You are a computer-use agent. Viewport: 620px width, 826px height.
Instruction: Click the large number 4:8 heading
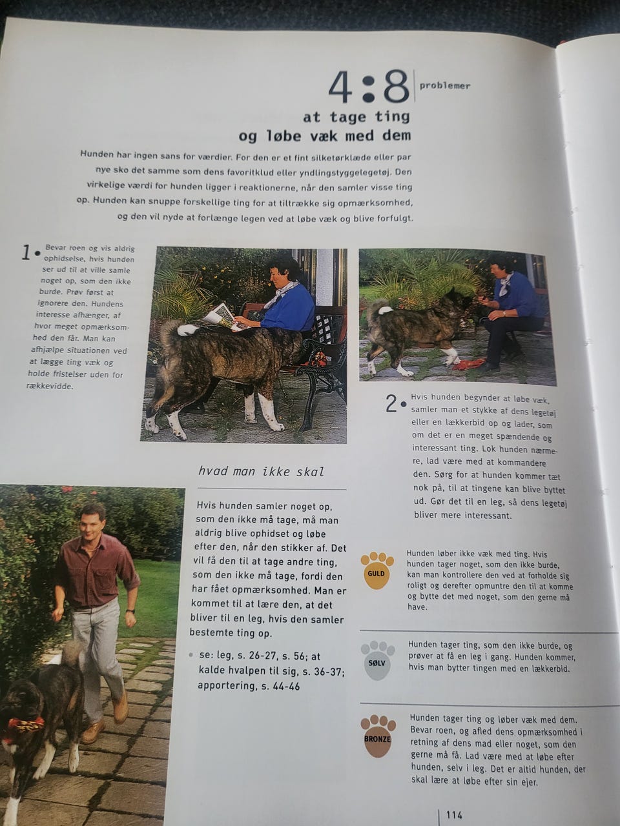tap(369, 87)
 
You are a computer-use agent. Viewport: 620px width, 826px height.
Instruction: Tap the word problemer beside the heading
tap(445, 86)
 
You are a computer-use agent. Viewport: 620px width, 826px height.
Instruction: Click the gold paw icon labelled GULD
tap(377, 570)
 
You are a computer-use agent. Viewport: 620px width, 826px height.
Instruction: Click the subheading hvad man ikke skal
tap(261, 472)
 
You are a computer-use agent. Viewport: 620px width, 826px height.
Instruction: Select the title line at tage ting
tap(356, 117)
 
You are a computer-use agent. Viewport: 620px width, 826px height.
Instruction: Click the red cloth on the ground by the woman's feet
tap(468, 363)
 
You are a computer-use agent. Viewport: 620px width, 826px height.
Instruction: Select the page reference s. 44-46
tap(280, 687)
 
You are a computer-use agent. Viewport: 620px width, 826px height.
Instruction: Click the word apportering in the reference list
tap(226, 686)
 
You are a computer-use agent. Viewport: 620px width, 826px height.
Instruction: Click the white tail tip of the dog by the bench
tap(187, 330)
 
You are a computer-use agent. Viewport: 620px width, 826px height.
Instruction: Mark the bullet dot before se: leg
tap(192, 655)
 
